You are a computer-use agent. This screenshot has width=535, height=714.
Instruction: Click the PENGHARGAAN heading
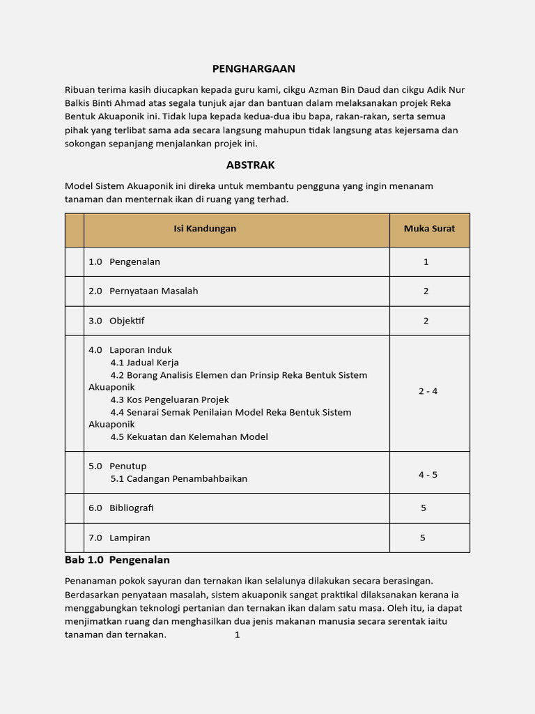[x=254, y=68]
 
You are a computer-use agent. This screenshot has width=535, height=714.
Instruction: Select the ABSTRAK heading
[x=250, y=165]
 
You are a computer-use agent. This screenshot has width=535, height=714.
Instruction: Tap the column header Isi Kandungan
[x=205, y=229]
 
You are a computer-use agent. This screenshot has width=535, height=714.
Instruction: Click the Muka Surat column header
[x=429, y=229]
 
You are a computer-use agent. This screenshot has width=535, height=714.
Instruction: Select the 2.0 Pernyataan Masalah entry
[x=143, y=291]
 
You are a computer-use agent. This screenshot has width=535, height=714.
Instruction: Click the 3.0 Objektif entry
[x=116, y=321]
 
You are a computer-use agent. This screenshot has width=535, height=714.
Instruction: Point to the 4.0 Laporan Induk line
[x=130, y=350]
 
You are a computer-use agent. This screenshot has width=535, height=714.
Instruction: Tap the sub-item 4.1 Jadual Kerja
[x=144, y=363]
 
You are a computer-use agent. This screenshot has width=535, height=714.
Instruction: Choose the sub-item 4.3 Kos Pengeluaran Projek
[x=169, y=400]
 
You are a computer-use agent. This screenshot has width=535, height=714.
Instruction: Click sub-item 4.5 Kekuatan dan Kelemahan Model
[x=189, y=436]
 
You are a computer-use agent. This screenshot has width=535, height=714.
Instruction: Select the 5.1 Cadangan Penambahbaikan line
[x=178, y=478]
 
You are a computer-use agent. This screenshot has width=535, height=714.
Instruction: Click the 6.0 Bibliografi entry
[x=121, y=508]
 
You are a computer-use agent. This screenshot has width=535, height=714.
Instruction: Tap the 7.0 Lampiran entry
[x=119, y=538]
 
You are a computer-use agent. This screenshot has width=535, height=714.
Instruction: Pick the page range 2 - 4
[x=428, y=391]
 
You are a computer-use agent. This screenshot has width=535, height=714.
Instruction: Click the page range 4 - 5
[x=428, y=475]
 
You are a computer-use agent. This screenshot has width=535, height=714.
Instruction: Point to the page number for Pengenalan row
[x=426, y=262]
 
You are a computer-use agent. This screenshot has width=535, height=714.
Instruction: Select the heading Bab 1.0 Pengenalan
[x=117, y=560]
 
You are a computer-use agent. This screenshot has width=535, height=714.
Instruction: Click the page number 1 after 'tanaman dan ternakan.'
[x=237, y=635]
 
